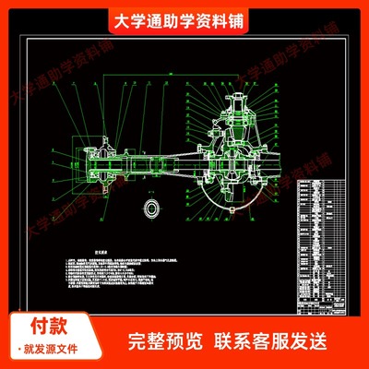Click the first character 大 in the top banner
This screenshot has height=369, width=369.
click(x=117, y=21)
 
